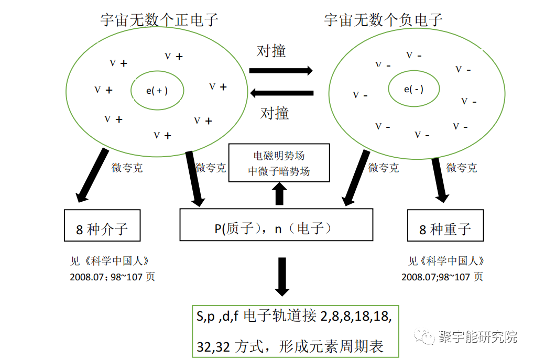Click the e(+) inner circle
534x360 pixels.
click(157, 90)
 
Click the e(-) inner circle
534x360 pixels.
click(413, 89)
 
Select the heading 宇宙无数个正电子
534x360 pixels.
click(159, 20)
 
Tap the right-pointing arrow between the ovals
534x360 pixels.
click(281, 70)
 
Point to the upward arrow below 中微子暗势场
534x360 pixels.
click(279, 194)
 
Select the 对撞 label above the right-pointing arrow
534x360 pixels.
click(271, 51)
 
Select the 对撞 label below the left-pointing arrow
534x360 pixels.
click(275, 113)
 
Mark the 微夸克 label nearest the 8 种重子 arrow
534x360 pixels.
click(461, 168)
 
